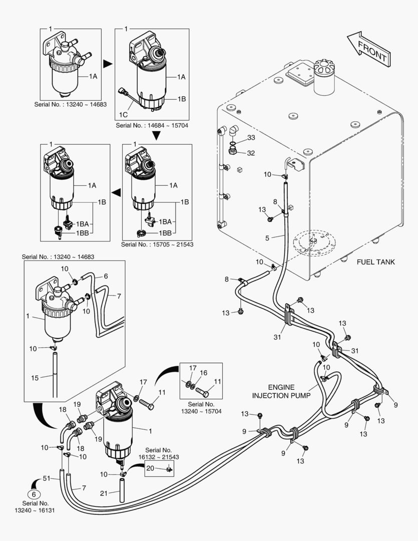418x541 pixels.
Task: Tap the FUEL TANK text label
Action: tap(375, 262)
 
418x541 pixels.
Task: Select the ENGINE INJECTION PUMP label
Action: tap(280, 391)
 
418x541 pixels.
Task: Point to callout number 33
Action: tap(251, 137)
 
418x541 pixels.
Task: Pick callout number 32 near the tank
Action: tap(251, 153)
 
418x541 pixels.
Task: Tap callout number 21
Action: tap(104, 493)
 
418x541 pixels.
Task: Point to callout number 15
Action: tap(35, 378)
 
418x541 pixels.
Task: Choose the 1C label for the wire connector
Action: tap(123, 115)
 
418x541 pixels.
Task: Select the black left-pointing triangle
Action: tap(116, 191)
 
